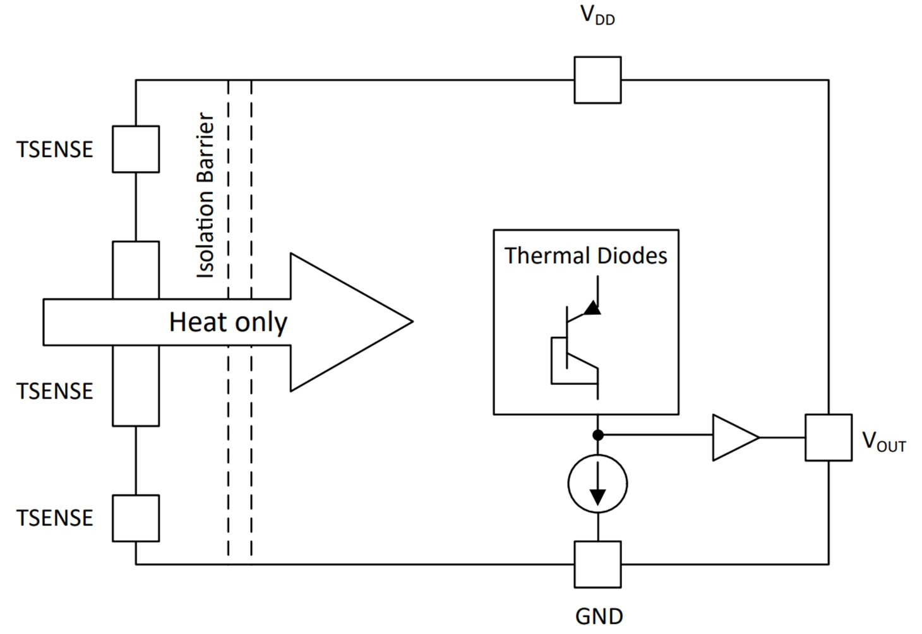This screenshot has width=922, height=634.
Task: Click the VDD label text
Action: tap(597, 15)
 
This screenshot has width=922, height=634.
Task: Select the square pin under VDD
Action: tap(597, 80)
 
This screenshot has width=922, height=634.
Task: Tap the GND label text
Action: tap(599, 616)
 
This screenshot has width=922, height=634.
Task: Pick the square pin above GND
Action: tap(597, 564)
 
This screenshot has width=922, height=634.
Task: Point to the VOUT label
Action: tap(883, 442)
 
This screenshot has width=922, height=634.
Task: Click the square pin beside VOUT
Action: tap(828, 437)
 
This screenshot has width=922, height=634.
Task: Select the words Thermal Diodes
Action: tap(585, 255)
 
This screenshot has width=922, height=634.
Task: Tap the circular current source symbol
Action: tap(597, 484)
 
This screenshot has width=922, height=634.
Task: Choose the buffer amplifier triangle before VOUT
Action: tap(734, 437)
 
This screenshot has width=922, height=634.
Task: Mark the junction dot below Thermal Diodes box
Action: tap(597, 435)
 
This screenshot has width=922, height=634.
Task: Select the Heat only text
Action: tap(228, 322)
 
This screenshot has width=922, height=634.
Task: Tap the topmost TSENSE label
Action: tap(55, 150)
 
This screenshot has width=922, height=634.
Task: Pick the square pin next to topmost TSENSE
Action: tap(136, 149)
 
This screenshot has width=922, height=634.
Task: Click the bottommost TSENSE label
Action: tap(55, 518)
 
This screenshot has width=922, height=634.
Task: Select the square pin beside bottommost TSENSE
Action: tap(136, 518)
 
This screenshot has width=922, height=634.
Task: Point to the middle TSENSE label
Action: tap(55, 391)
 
